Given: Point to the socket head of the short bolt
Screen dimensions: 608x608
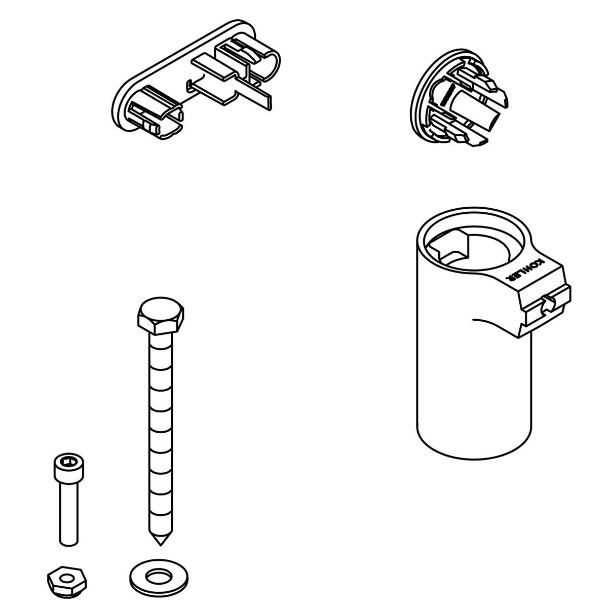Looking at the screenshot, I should tap(65, 468).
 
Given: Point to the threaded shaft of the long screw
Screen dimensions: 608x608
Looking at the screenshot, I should tap(161, 431).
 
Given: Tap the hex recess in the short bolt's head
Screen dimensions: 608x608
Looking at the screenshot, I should tap(65, 463).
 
